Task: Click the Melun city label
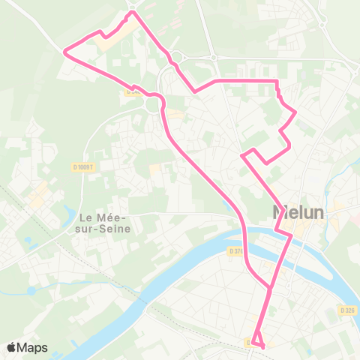pyautogui.click(x=298, y=212)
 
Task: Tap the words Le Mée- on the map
pyautogui.click(x=104, y=217)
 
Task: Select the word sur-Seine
pyautogui.click(x=104, y=228)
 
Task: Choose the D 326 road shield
pyautogui.click(x=346, y=309)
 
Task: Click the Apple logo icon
pyautogui.click(x=12, y=347)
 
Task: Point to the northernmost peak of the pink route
pyautogui.click(x=133, y=12)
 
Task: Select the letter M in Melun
pyautogui.click(x=280, y=212)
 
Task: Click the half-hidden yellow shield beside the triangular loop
pyautogui.click(x=247, y=342)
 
